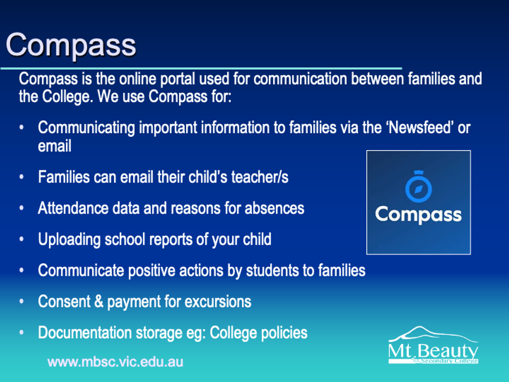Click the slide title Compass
(71, 45)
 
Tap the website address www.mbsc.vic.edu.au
(115, 362)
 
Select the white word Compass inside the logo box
(419, 215)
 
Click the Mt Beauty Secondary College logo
(433, 345)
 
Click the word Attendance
(73, 208)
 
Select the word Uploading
(69, 239)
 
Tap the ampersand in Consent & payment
(99, 301)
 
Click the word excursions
(218, 302)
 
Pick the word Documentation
(85, 333)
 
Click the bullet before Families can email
(22, 177)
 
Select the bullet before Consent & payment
(22, 301)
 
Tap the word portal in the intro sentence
(177, 79)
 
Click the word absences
(274, 208)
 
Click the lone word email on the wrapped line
(54, 146)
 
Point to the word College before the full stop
(66, 97)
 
